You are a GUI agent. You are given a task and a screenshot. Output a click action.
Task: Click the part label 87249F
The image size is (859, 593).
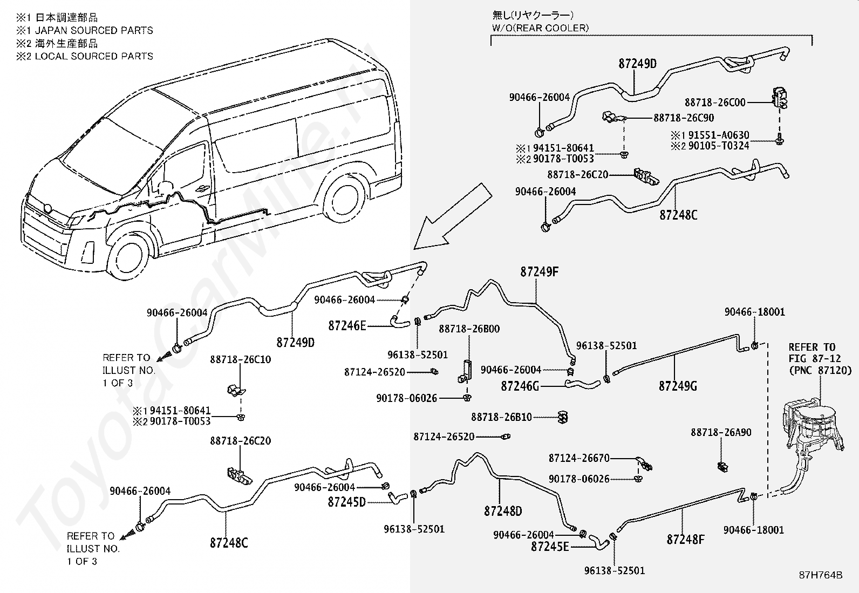coord(539,272)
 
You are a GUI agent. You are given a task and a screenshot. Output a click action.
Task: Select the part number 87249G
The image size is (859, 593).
coord(678,386)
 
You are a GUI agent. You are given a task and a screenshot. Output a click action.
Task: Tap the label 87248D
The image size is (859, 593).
coord(503,511)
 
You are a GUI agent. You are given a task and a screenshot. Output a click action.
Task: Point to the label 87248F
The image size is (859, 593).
coord(686,540)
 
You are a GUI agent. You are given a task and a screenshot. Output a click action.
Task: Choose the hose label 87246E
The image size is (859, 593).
coord(347,326)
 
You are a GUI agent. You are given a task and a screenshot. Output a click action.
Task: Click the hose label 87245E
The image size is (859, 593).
coord(550,547)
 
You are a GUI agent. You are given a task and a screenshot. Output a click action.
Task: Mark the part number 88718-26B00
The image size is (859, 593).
coord(469,329)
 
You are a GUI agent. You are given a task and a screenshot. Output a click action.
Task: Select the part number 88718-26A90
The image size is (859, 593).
coord(721,432)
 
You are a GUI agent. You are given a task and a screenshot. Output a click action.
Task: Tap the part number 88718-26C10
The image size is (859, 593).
coord(241,359)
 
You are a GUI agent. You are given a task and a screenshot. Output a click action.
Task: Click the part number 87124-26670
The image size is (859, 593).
coord(579,458)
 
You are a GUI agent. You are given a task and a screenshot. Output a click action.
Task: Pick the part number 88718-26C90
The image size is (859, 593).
coord(684,118)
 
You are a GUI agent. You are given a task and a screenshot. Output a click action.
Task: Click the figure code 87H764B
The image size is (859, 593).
coord(821,575)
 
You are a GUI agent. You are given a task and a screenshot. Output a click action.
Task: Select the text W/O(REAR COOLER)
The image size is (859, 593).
coord(540,28)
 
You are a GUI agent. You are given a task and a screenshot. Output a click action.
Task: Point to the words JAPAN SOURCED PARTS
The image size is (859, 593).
coord(94,30)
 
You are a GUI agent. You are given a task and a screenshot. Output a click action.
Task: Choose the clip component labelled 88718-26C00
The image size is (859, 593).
coord(779,98)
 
